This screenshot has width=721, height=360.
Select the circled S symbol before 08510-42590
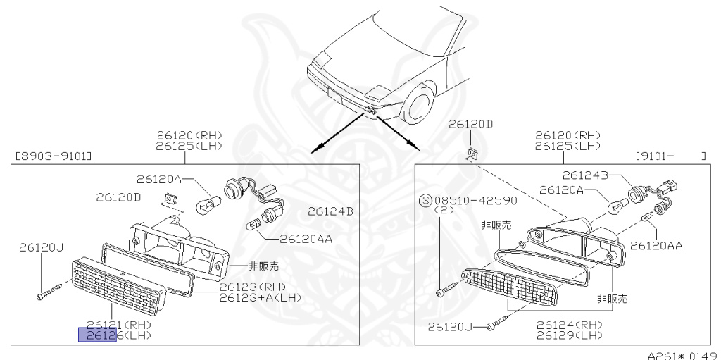point(425,200)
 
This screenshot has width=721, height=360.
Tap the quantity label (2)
point(444,210)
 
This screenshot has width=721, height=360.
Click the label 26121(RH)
point(119,325)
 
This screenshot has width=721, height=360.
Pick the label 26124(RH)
point(568,325)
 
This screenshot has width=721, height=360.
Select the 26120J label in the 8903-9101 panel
point(42,247)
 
